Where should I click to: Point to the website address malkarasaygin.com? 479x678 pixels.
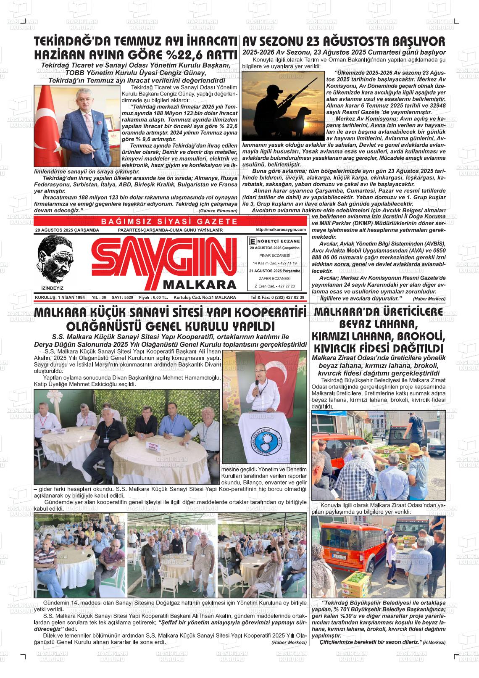click(280, 230)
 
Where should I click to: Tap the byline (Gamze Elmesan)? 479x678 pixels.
click(218, 210)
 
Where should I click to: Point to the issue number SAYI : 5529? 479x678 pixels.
click(123, 298)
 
